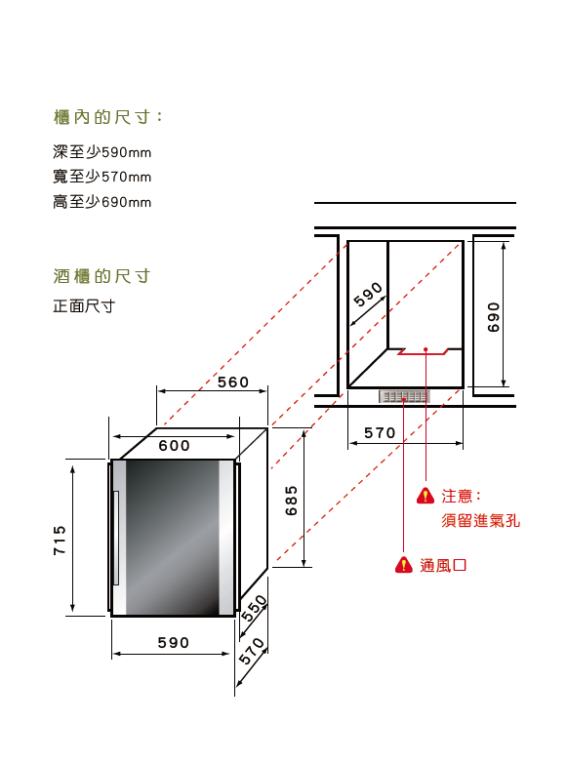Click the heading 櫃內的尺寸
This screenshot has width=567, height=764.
coord(107,117)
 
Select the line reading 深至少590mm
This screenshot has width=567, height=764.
coord(101,152)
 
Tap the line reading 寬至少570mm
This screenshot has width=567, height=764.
coord(101,177)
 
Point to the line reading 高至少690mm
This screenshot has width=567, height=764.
coord(101,202)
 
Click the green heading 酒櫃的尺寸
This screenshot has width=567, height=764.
coord(101,276)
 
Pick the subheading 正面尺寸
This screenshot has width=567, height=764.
coord(84,306)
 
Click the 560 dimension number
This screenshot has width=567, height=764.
coord(233,382)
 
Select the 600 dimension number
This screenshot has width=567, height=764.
coord(174,445)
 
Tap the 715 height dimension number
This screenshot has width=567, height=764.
coord(59,540)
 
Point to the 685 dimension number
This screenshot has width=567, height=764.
coord(291,501)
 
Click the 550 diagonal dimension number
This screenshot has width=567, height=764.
coord(254,608)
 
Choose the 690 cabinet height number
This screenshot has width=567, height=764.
coord(494,317)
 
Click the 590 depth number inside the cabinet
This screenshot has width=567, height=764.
coord(369,295)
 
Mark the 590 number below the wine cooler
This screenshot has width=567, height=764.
coord(173,643)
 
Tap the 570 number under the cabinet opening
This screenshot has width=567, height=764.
coord(380,432)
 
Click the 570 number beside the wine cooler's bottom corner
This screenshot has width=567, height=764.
coord(252,651)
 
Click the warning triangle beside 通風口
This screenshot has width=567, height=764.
coord(404,565)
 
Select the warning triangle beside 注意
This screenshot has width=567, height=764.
coord(425,496)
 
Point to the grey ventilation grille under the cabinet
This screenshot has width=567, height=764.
coord(404,396)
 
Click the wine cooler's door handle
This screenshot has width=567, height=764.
coord(116,538)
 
